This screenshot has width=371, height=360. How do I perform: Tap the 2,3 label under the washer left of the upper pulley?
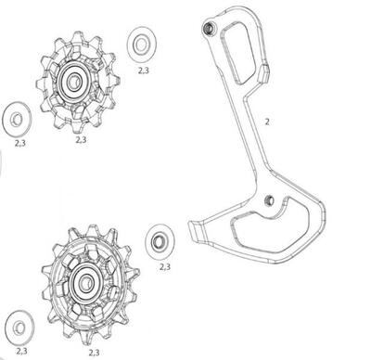pyautogui.click(x=20, y=144)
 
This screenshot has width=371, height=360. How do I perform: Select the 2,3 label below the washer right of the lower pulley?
pyautogui.click(x=164, y=267)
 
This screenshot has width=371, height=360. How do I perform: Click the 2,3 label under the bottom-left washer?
pyautogui.click(x=20, y=352)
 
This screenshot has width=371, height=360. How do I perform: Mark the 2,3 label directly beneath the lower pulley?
pyautogui.click(x=93, y=353)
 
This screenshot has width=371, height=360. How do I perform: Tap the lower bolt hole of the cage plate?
pyautogui.click(x=268, y=200)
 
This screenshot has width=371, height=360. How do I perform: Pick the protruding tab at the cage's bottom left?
pyautogui.click(x=196, y=227)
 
